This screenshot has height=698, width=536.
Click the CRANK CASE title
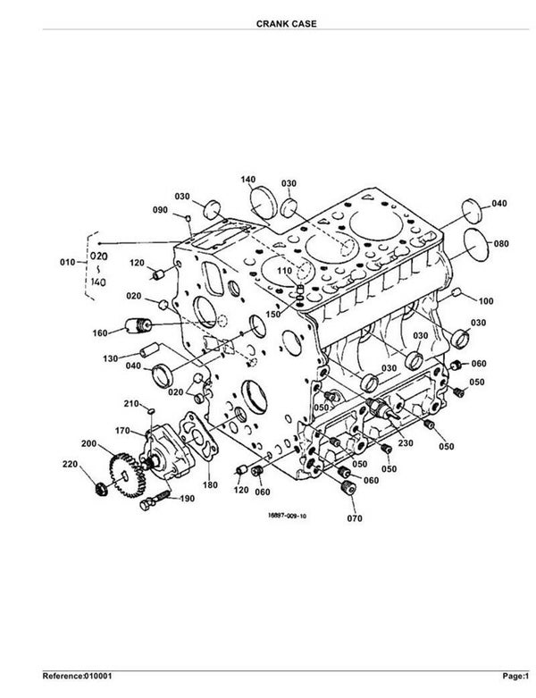[286, 23]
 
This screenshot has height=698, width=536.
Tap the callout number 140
[248, 180]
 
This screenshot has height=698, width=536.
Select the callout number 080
[501, 243]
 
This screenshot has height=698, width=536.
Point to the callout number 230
[406, 443]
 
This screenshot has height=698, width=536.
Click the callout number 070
[355, 518]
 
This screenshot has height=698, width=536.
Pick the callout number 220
[70, 465]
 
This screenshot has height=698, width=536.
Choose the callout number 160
[100, 333]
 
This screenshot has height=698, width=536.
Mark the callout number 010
[68, 262]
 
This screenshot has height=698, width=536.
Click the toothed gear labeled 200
[127, 475]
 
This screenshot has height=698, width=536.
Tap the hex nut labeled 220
[100, 489]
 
